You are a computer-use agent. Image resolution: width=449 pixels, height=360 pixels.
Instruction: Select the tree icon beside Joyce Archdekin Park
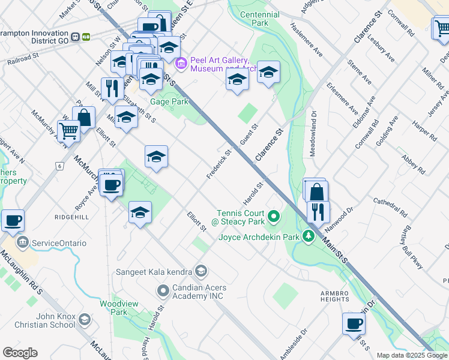(x=309, y=236)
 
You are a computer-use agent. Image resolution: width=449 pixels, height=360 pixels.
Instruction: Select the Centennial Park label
(x=259, y=19)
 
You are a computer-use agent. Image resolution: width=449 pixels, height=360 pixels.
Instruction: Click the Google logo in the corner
(x=20, y=353)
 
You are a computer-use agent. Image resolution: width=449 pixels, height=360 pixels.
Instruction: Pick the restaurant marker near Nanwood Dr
(x=318, y=211)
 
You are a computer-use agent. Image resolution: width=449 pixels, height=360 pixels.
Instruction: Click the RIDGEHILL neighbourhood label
(x=71, y=217)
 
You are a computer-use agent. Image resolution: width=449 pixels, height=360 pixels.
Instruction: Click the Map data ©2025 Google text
(x=412, y=355)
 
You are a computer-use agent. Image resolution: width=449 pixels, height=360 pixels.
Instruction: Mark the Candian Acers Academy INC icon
(x=163, y=292)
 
